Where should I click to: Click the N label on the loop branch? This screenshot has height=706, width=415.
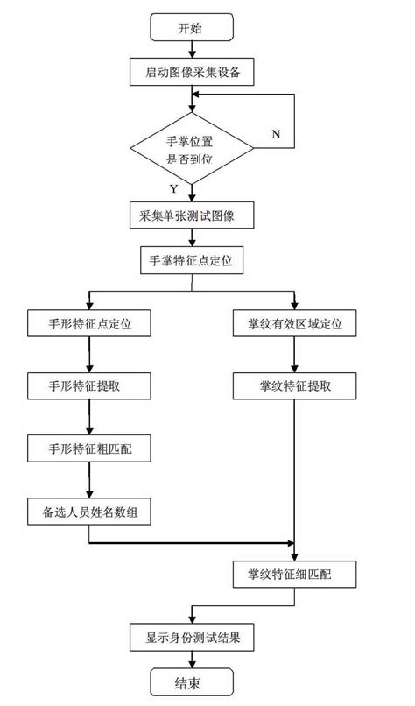coord(276,134)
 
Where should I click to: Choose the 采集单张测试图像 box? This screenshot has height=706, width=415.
coord(191,215)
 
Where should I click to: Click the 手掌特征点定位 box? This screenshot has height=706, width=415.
coord(191,260)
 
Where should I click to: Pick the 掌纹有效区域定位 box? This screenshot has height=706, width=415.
coord(295,324)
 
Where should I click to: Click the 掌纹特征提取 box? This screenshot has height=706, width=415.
coord(295,385)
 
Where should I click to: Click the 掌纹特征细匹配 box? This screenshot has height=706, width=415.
coord(295,575)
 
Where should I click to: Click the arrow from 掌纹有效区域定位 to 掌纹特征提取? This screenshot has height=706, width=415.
coord(295,355)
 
